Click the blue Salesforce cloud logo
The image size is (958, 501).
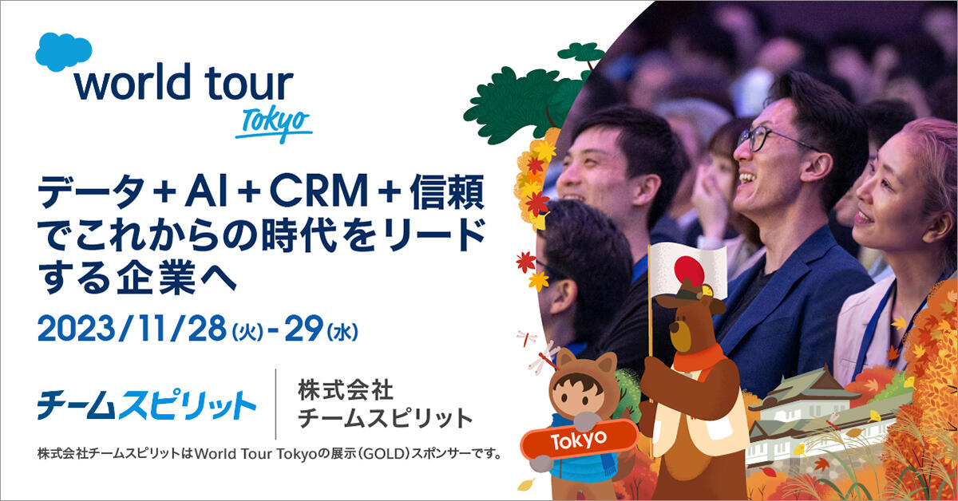click(63, 52)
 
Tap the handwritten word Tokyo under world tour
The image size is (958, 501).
click(274, 124)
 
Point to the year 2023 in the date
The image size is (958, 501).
click(77, 329)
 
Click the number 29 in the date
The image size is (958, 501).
click(303, 329)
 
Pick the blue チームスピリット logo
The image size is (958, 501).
click(147, 404)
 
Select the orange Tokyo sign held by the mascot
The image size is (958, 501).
click(579, 440)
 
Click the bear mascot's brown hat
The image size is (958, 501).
click(690, 296)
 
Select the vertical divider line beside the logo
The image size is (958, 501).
click(275, 404)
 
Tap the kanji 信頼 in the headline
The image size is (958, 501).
click(447, 191)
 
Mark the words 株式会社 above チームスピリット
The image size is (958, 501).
click(346, 390)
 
